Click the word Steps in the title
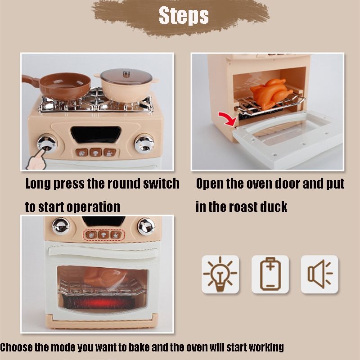point(184,15)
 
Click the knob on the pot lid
point(126,74)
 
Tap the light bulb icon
point(220,274)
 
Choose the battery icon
point(270,274)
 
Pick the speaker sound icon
point(320,274)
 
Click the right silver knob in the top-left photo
point(144,144)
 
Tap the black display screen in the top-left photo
point(95,135)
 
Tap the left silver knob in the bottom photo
point(61,226)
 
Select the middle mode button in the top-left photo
point(96,152)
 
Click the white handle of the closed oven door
point(103,252)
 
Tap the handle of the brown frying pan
point(30,81)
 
